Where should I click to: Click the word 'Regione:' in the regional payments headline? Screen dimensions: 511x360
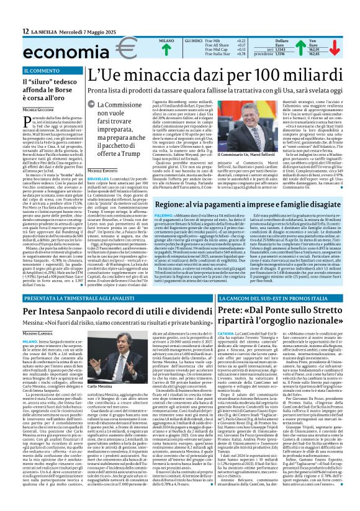click(161, 204)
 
